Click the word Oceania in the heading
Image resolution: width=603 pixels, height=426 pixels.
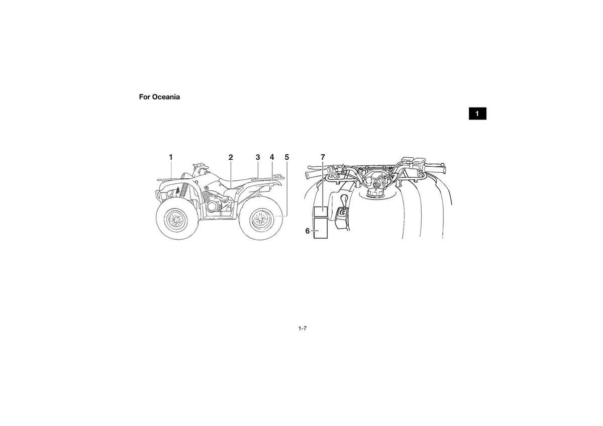click(166, 97)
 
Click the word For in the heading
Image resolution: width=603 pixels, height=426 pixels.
click(145, 97)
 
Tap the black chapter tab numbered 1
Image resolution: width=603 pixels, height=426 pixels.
click(477, 114)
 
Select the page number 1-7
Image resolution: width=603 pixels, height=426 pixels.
click(303, 329)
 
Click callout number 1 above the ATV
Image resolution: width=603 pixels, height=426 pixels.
click(171, 157)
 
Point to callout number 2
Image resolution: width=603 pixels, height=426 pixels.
click(231, 157)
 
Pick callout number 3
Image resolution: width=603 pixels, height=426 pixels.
click(258, 157)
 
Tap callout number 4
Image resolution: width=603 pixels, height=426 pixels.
click(272, 157)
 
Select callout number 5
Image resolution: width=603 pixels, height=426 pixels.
click(287, 157)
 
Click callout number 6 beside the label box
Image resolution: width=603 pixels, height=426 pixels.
click(308, 231)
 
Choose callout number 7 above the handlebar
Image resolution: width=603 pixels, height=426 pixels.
click(323, 157)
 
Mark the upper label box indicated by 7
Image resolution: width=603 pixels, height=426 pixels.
click(321, 212)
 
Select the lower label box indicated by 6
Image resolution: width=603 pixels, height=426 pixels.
click(321, 229)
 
